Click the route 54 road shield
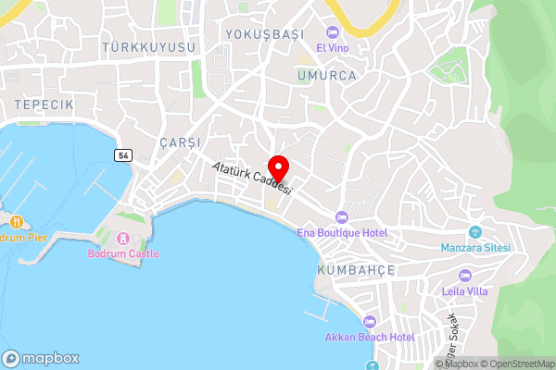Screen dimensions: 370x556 click(x=123, y=155)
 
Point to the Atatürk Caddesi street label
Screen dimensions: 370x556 click(x=252, y=178)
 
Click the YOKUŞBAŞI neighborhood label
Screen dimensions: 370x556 click(x=265, y=34)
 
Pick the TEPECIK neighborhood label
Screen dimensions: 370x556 click(x=44, y=105)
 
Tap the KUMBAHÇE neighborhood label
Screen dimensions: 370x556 click(x=356, y=269)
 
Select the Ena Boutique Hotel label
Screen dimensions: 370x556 click(x=342, y=233)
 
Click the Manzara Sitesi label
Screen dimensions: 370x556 click(x=476, y=249)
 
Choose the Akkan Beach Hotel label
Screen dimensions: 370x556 click(x=370, y=338)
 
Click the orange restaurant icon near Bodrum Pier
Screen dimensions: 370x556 click(x=17, y=220)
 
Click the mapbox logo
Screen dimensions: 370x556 click(x=41, y=358)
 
